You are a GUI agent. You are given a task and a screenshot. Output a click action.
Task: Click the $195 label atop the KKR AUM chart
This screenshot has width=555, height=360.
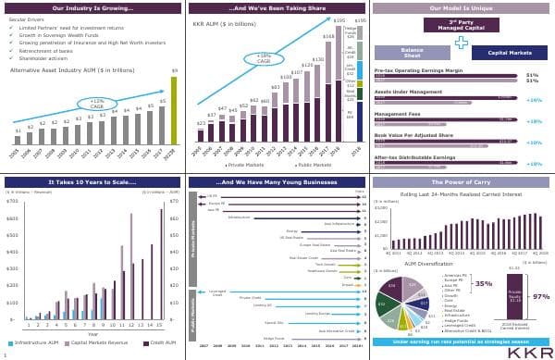coord(339,19)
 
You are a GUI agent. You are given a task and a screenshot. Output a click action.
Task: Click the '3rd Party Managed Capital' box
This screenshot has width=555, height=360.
coord(461,25)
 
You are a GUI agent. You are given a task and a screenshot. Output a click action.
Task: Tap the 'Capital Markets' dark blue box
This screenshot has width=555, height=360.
coord(509,53)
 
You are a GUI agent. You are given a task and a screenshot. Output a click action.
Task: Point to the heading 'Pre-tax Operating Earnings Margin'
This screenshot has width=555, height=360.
coord(414,70)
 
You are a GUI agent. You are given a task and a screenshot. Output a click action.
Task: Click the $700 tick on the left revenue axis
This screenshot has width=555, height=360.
coord(11,201)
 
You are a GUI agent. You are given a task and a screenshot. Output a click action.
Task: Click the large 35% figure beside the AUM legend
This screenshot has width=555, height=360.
coord(482,284)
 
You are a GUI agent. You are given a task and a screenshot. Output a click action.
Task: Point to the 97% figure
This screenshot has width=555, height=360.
coord(541,296)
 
